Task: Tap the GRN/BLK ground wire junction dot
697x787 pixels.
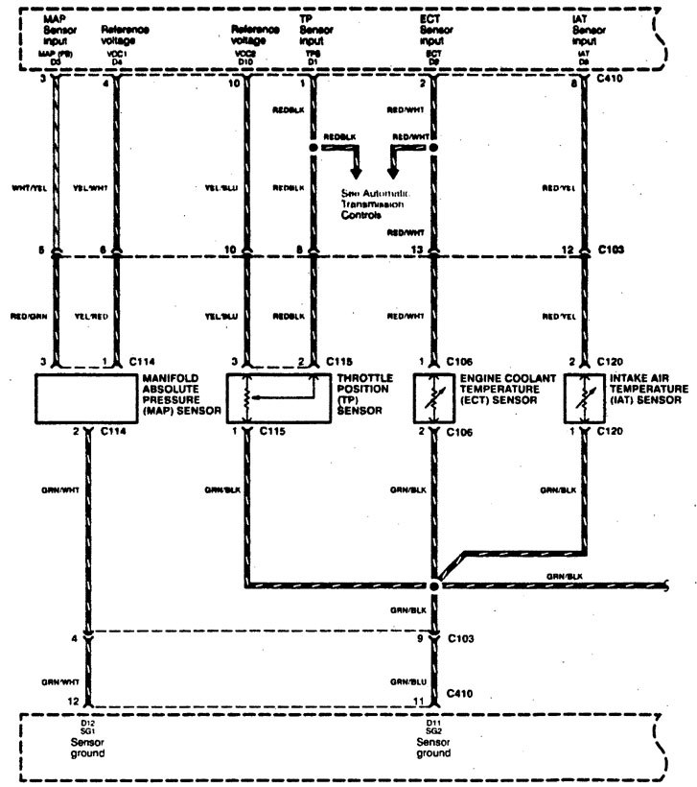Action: (x=434, y=584)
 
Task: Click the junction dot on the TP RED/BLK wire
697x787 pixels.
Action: (x=312, y=150)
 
